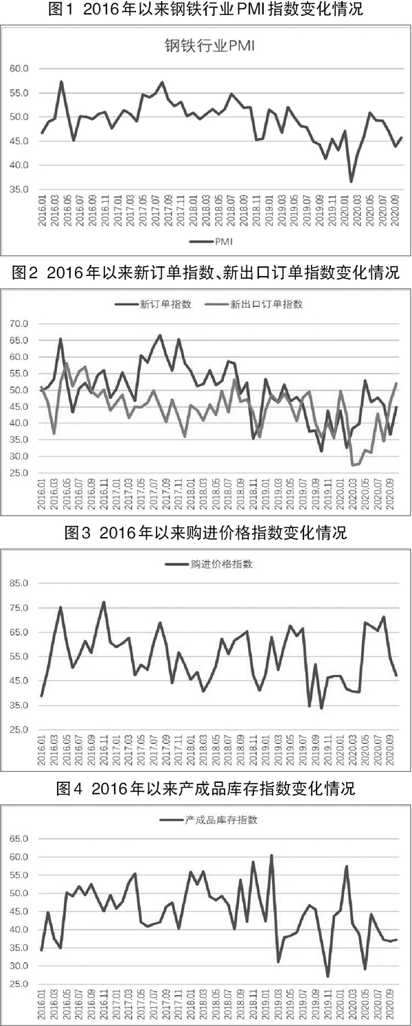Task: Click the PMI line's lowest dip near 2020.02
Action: [x=351, y=181]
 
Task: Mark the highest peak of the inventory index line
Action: [x=272, y=856]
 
